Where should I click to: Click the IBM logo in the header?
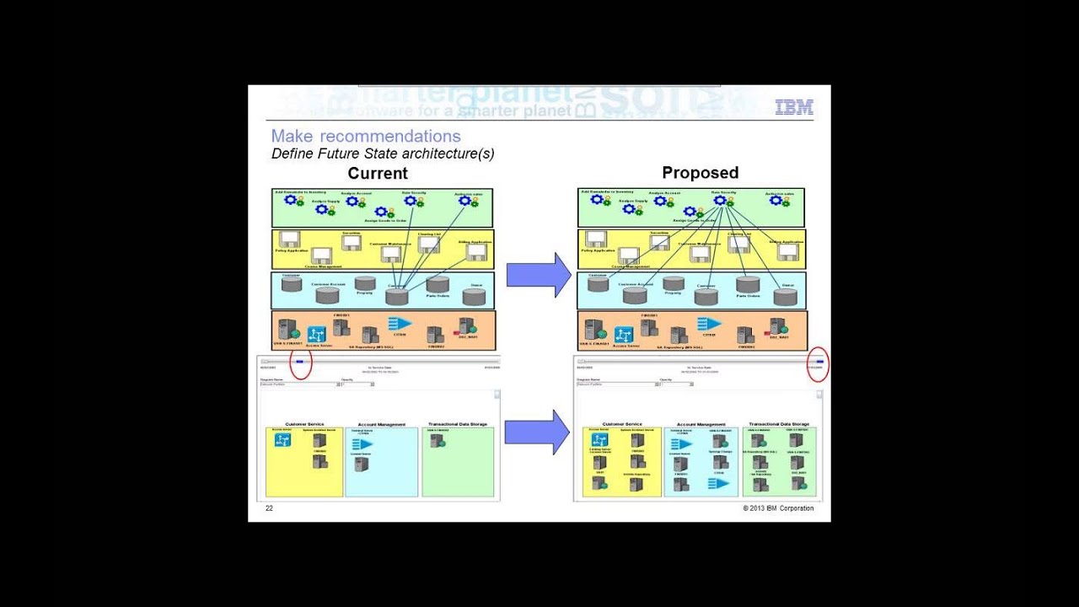[793, 107]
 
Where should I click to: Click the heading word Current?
[378, 174]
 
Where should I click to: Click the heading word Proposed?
[700, 173]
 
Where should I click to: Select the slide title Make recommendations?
[366, 137]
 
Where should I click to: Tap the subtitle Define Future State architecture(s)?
[383, 154]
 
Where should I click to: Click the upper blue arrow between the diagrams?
[539, 275]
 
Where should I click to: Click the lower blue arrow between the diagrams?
[537, 432]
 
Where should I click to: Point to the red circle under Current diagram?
[301, 363]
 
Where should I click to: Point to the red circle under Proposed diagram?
[818, 364]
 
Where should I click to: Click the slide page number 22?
[269, 508]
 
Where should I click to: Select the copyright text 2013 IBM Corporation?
[778, 508]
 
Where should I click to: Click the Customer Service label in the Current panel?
[304, 424]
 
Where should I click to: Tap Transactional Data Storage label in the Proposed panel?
[779, 424]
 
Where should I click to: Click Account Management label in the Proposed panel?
[701, 424]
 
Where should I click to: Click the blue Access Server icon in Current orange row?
[316, 334]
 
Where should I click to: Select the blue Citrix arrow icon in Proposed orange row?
[709, 324]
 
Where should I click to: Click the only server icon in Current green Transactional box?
[436, 440]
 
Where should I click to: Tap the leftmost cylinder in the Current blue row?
[292, 284]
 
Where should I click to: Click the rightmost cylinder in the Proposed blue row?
[785, 296]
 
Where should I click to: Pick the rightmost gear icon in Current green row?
[464, 201]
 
